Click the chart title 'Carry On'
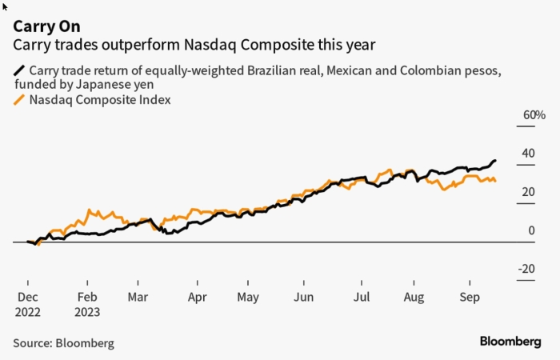point(46,26)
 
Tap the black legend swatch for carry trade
point(19,70)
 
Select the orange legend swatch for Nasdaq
point(19,100)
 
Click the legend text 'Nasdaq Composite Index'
point(100,100)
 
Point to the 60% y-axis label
point(534,115)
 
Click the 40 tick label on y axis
point(528,154)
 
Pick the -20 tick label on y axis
point(526,269)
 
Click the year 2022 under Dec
point(27,313)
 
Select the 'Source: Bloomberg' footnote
point(63,343)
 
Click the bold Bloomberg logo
point(510,342)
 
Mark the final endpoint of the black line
point(495,161)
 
